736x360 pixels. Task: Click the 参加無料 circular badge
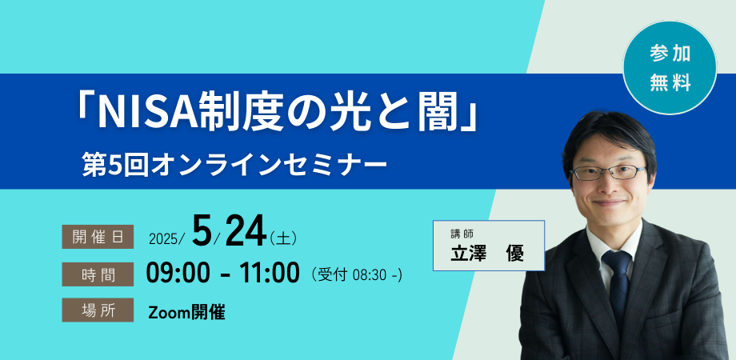[670, 67]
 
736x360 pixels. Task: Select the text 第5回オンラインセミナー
[234, 166]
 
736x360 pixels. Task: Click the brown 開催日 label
[98, 237]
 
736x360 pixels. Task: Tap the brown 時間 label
[98, 274]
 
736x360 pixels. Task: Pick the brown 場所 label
[98, 310]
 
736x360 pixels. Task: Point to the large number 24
[246, 231]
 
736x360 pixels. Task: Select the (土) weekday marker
[283, 238]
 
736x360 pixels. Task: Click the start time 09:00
[177, 273]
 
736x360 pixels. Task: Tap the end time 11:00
[270, 273]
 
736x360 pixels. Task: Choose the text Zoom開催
[186, 312]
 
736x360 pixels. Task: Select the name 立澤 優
[487, 253]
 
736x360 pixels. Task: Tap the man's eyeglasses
[609, 173]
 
